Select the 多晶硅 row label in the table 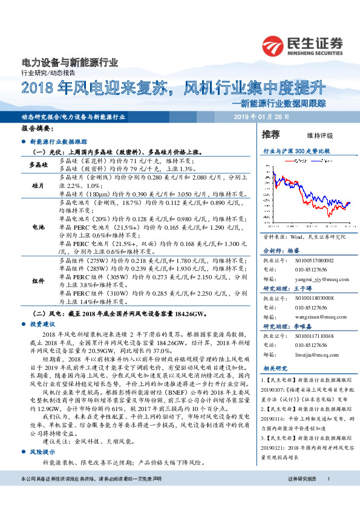tap(40, 165)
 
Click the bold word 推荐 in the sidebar tap(270, 134)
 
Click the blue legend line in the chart tap(315, 161)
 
